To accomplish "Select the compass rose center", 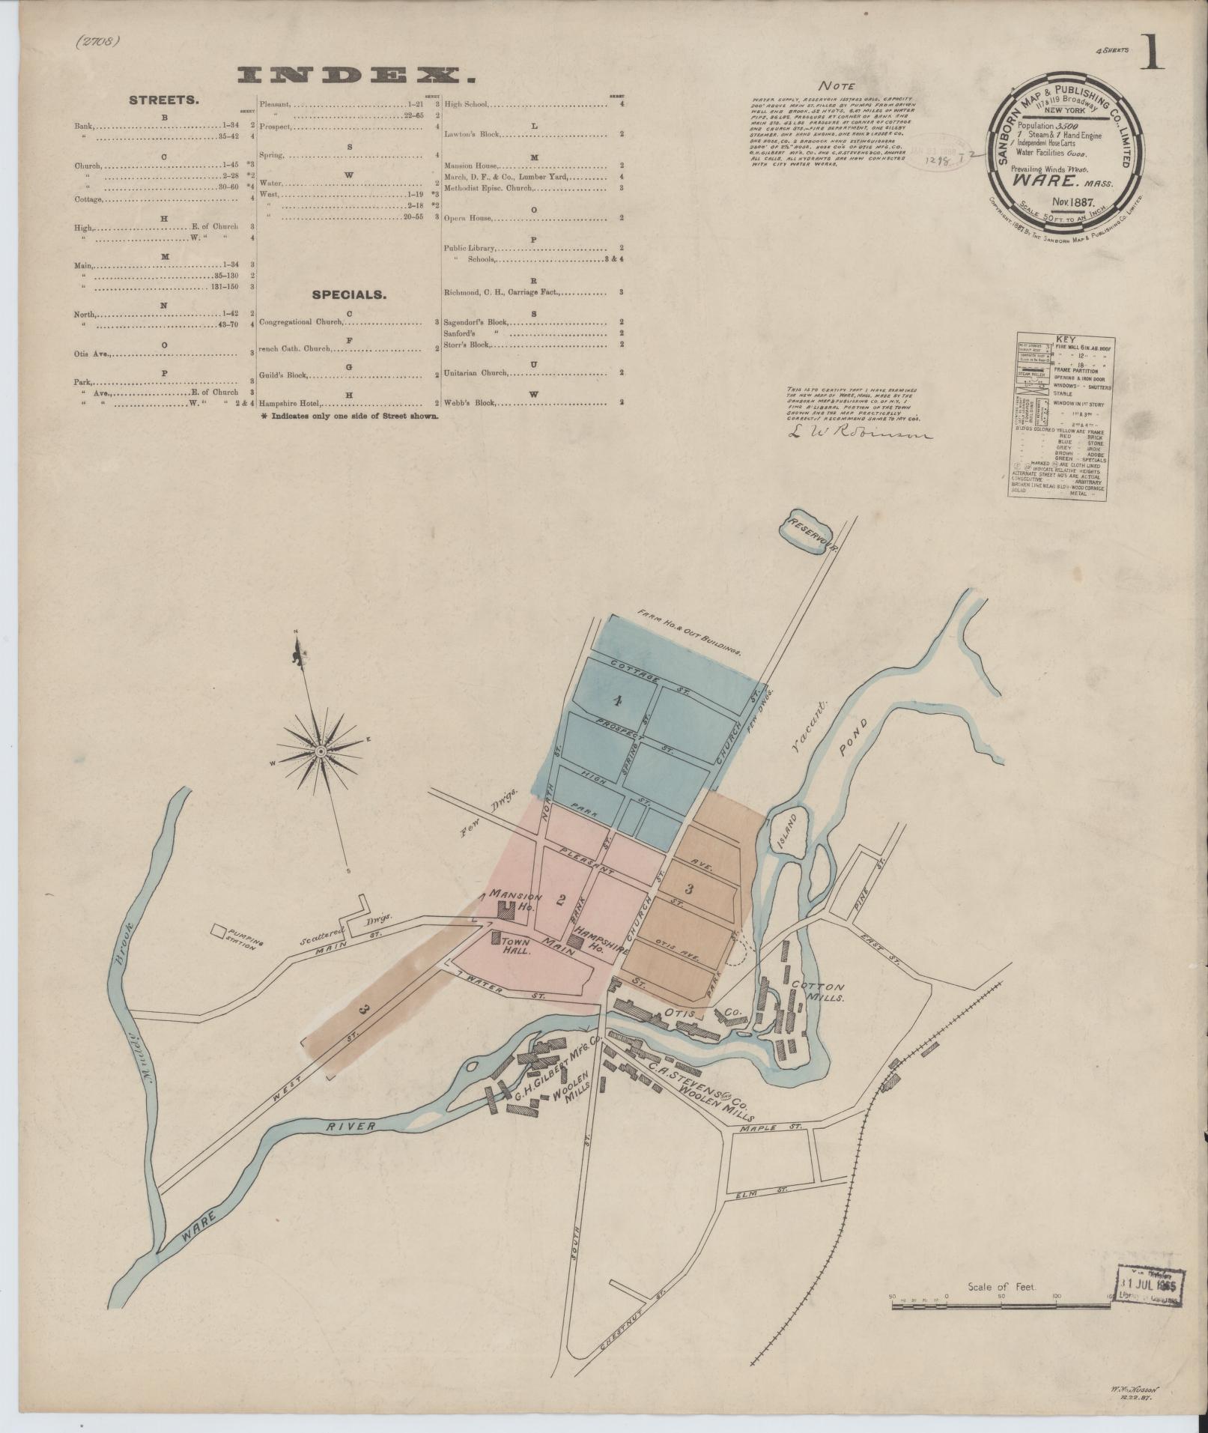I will pos(321,751).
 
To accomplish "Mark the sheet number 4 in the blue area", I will pos(617,701).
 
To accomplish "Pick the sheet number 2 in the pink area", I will pos(559,900).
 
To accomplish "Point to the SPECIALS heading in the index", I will pos(349,294).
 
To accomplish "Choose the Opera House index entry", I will pos(468,219).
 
